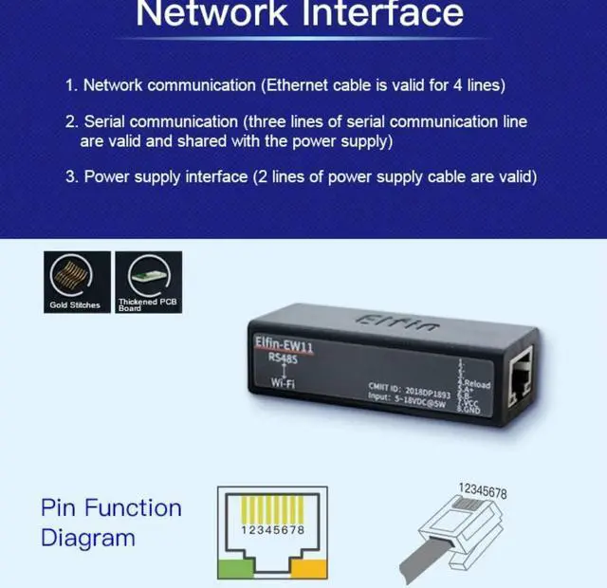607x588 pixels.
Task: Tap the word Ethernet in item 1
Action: tap(299, 85)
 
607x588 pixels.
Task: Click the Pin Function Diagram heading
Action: tap(111, 523)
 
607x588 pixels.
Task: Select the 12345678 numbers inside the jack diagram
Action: tap(272, 529)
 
